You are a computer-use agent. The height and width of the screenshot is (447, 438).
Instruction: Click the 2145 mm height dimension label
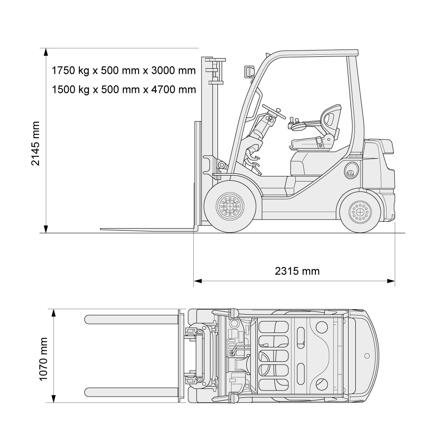[x=35, y=143]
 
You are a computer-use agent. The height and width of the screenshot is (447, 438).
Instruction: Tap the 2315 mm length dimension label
[x=297, y=271]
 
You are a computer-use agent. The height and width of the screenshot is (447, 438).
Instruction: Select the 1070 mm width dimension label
[x=43, y=359]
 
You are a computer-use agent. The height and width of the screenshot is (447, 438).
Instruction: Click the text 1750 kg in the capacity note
[x=70, y=70]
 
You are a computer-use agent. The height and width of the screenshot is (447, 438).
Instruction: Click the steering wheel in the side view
[x=273, y=112]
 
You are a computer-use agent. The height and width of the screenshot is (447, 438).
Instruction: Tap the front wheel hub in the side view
[x=230, y=206]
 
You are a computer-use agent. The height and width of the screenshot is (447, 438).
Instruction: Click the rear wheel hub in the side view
[x=360, y=212]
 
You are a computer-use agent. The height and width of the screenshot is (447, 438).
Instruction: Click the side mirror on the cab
[x=249, y=72]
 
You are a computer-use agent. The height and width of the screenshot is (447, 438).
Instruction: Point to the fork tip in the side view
[x=101, y=229]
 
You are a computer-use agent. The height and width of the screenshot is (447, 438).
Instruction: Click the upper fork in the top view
[x=131, y=319]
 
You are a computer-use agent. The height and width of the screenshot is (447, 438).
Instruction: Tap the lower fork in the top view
[x=131, y=392]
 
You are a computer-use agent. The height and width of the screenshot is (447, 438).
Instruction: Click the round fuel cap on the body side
[x=351, y=171]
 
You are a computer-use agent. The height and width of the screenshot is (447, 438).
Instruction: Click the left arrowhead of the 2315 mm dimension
[x=198, y=281]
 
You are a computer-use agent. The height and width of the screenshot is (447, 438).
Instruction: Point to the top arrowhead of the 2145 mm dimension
[x=46, y=52]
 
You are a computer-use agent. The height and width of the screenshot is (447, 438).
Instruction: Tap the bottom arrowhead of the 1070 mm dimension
[x=53, y=399]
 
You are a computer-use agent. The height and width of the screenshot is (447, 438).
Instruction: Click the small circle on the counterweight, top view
[x=367, y=356]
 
